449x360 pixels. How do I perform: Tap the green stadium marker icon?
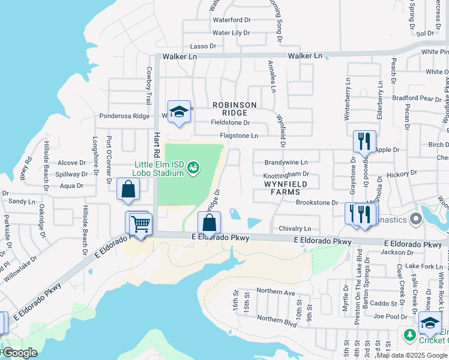(x=193, y=166)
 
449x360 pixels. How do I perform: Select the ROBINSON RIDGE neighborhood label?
(x=235, y=109)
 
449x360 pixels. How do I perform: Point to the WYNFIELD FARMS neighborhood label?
(x=280, y=188)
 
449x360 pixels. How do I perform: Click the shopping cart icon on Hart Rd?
(x=140, y=224)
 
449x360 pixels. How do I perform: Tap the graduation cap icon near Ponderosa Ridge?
(x=179, y=112)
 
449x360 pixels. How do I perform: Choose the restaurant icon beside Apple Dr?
(x=364, y=142)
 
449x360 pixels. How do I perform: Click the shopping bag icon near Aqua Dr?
(x=128, y=190)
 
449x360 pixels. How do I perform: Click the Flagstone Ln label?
(x=238, y=136)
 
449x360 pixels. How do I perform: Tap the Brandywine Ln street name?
(x=286, y=162)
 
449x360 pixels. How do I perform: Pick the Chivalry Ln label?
(x=295, y=229)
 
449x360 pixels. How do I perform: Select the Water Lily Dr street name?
(x=231, y=33)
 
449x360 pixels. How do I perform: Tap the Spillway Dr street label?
(x=71, y=174)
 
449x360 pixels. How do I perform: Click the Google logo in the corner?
(x=20, y=353)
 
